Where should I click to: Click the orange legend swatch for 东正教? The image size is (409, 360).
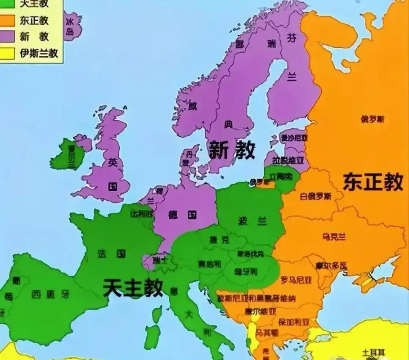(8, 21)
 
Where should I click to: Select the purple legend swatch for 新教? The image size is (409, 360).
(8, 37)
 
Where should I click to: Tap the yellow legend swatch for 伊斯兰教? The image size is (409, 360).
(8, 53)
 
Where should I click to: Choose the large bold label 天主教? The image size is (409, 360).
(133, 287)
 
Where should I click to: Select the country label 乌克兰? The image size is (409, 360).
(334, 237)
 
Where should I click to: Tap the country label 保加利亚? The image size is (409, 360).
(294, 322)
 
